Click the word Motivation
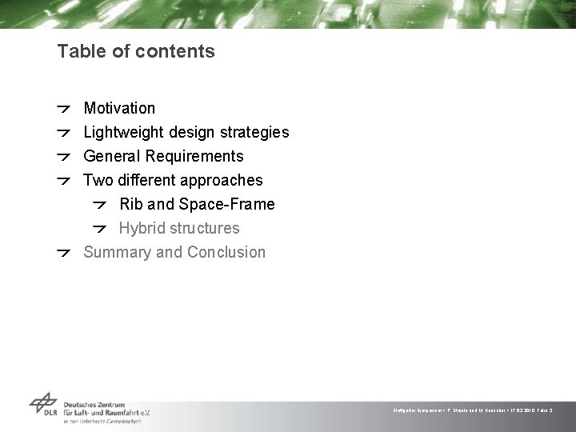tap(119, 108)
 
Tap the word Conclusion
tap(226, 252)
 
